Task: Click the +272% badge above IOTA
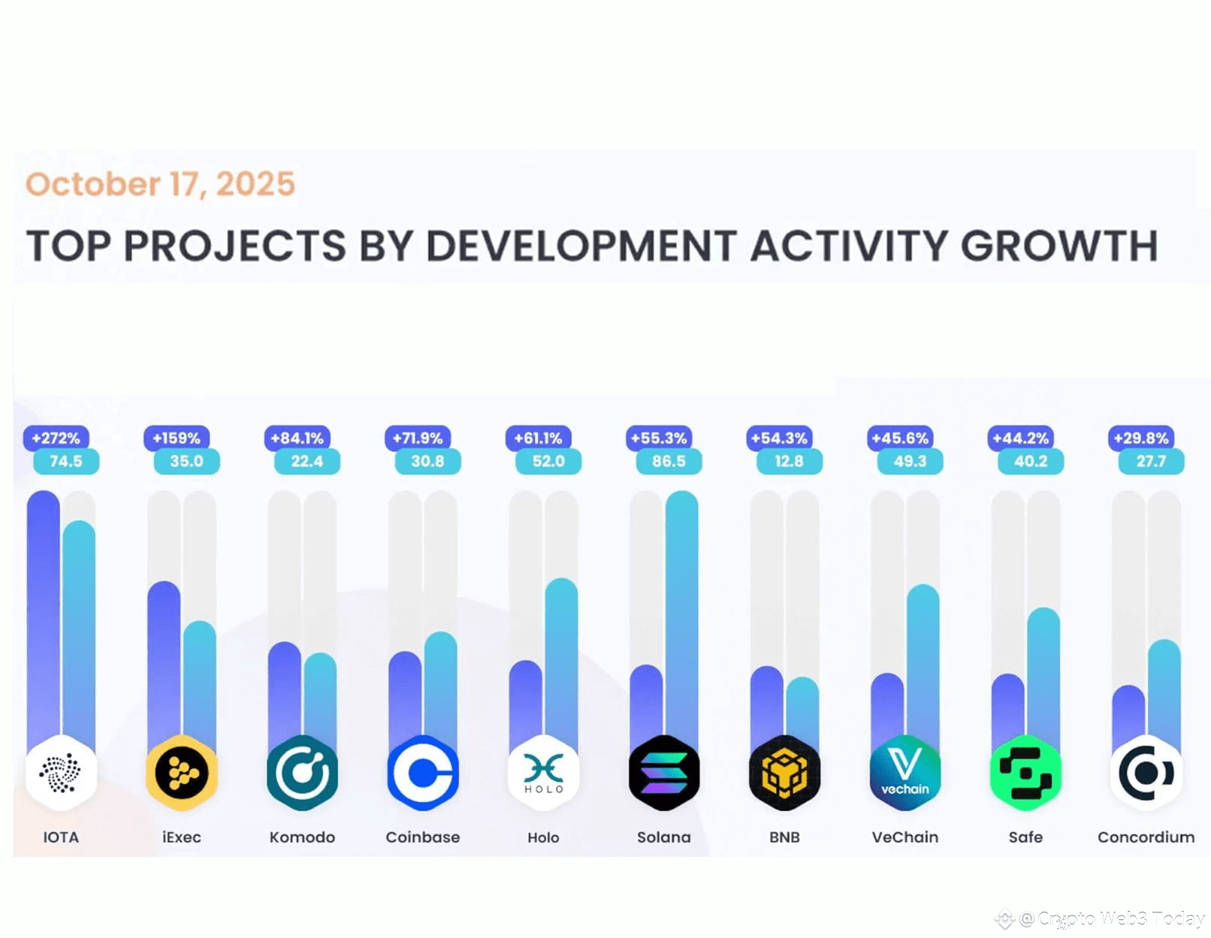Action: pyautogui.click(x=56, y=438)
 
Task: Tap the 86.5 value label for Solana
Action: pyautogui.click(x=668, y=461)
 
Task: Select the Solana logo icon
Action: pyautogui.click(x=664, y=773)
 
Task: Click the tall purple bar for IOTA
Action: pyautogui.click(x=43, y=616)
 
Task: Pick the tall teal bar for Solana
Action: pyautogui.click(x=681, y=616)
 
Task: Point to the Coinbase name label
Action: pyautogui.click(x=422, y=837)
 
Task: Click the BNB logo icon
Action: pyautogui.click(x=784, y=773)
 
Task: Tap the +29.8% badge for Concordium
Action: pyautogui.click(x=1141, y=438)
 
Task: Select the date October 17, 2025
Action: pyautogui.click(x=160, y=184)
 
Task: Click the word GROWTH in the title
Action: pyautogui.click(x=1059, y=246)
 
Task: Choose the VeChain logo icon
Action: pyautogui.click(x=904, y=773)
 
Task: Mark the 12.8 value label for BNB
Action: pyautogui.click(x=789, y=461)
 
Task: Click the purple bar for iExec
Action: pyautogui.click(x=164, y=661)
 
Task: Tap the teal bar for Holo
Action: pyautogui.click(x=561, y=661)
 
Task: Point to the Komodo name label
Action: pyautogui.click(x=302, y=837)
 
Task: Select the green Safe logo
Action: pyautogui.click(x=1025, y=773)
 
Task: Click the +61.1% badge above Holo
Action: pyautogui.click(x=538, y=438)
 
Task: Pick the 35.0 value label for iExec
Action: pyautogui.click(x=186, y=461)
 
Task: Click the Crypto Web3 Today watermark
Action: pyautogui.click(x=1112, y=918)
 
